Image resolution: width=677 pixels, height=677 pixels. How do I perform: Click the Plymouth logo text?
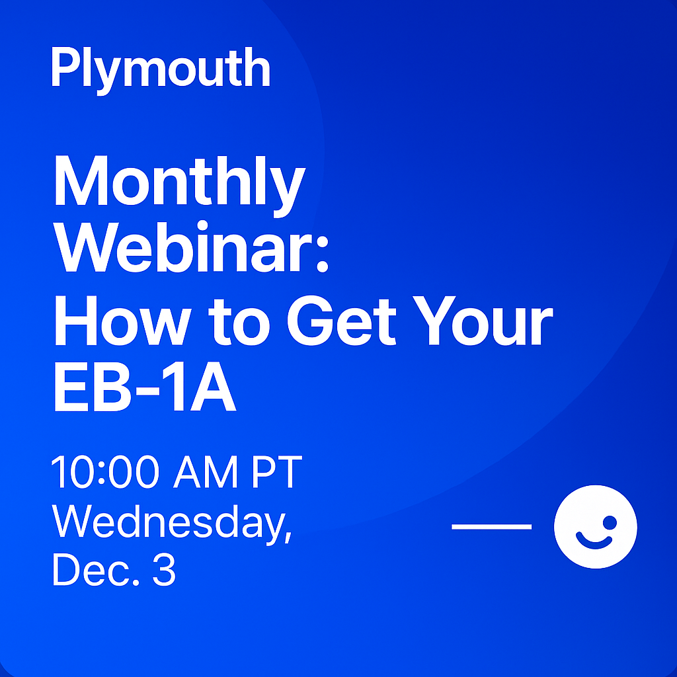pyautogui.click(x=161, y=70)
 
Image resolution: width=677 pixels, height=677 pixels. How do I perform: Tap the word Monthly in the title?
pyautogui.click(x=180, y=186)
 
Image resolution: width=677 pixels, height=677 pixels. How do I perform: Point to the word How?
pyautogui.click(x=122, y=321)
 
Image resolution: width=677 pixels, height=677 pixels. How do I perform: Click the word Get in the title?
pyautogui.click(x=341, y=321)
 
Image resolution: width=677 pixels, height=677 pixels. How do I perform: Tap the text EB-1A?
pyautogui.click(x=145, y=386)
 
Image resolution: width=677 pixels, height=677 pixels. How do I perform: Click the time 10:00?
pyautogui.click(x=105, y=472)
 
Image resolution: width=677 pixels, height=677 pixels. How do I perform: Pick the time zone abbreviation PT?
pyautogui.click(x=276, y=472)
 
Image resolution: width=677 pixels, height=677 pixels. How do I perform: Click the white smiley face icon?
pyautogui.click(x=596, y=527)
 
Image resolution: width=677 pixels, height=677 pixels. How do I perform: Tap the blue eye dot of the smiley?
pyautogui.click(x=610, y=522)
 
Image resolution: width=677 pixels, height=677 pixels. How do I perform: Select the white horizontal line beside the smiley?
pyautogui.click(x=491, y=527)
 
